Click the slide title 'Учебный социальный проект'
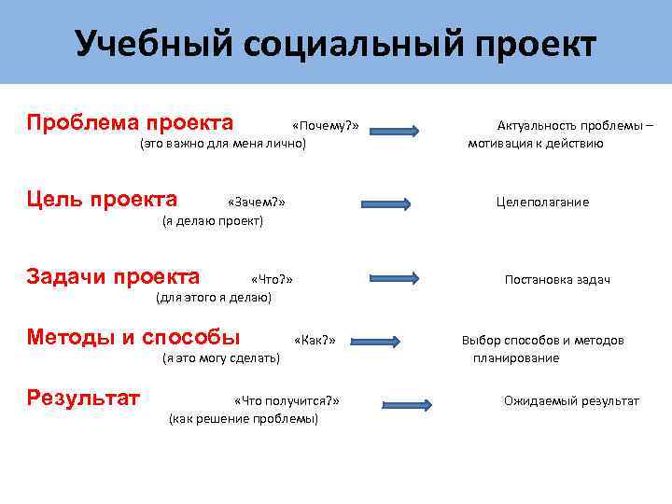click(x=335, y=44)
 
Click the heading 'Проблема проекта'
click(x=130, y=123)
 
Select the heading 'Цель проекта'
click(x=103, y=199)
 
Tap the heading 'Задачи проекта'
click(x=113, y=276)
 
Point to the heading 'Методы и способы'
click(x=133, y=337)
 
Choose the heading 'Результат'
click(x=83, y=399)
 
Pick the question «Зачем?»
click(x=256, y=203)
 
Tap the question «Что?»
click(x=273, y=279)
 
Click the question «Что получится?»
click(x=287, y=400)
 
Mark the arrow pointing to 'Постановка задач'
click(x=400, y=278)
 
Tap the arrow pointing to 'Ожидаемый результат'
click(x=406, y=404)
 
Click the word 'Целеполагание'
click(x=542, y=203)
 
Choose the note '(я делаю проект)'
click(x=213, y=221)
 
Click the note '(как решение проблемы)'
click(x=243, y=419)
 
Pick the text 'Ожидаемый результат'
click(x=571, y=401)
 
